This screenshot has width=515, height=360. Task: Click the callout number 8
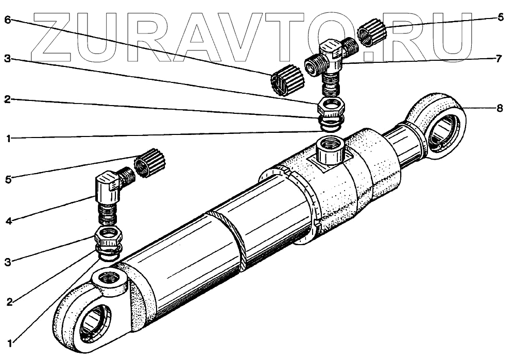[x=500, y=108]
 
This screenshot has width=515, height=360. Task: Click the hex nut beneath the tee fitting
[x=330, y=107]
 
